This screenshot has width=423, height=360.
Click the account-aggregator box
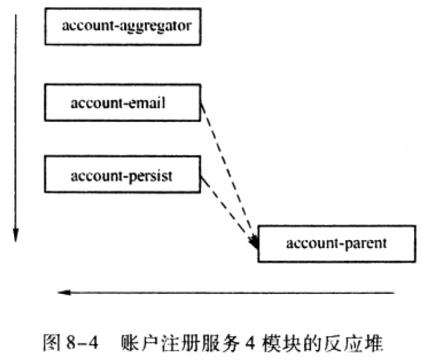click(123, 27)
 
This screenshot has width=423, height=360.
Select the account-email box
click(123, 103)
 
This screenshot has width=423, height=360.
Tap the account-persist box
click(123, 175)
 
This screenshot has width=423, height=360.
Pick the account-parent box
click(337, 243)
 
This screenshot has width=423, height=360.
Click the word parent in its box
click(366, 244)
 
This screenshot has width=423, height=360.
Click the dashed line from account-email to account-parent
click(228, 173)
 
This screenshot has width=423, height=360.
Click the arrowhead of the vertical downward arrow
click(15, 236)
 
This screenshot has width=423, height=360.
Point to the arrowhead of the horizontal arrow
click(64, 293)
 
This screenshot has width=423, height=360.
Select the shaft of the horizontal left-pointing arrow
click(226, 293)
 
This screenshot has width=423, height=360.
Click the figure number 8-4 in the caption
click(82, 343)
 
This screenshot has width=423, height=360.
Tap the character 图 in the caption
click(52, 343)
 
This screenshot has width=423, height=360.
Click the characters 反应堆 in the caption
click(354, 343)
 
